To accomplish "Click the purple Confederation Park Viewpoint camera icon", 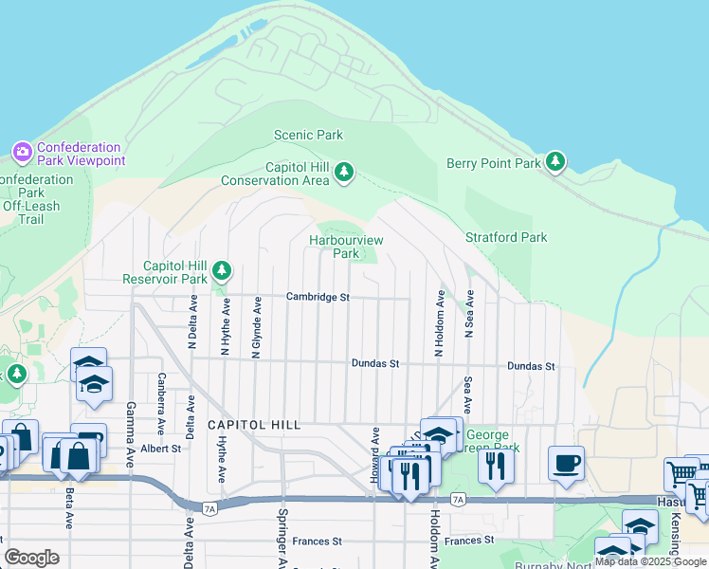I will pos(22,152).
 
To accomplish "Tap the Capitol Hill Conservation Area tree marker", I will pos(344,173).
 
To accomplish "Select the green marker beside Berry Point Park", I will pos(555,162).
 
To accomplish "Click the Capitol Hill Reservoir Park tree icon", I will pos(222,272).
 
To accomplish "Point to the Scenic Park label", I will pos(308,136).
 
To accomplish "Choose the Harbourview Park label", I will pos(346,247).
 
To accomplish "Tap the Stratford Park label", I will pos(506,237).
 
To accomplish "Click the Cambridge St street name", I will pos(318,297).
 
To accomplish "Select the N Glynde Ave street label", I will pos(257,327).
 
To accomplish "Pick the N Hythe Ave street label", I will pos(226,328).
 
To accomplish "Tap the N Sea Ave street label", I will pos(468,315).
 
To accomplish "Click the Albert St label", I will pos(160,449).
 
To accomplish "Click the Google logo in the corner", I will pos(31,558).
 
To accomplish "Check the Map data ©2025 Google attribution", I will pos(651,561).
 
